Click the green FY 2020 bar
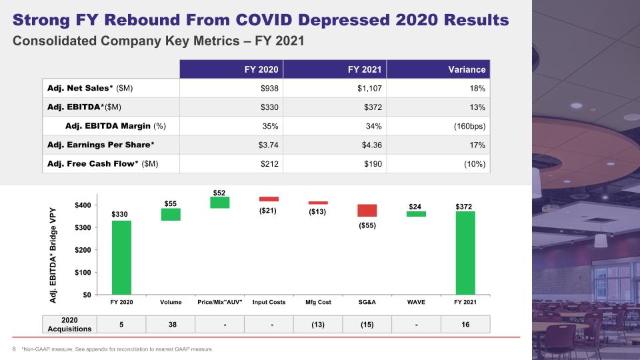pos(121,257)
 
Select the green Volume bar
pos(171,215)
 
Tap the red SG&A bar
pos(367,211)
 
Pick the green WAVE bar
pos(416,214)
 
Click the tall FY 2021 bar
pos(465,253)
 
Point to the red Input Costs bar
pos(269,199)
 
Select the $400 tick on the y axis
pos(83,205)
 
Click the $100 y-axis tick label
pos(83,272)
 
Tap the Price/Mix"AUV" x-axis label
pos(220,302)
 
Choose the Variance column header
pos(467,69)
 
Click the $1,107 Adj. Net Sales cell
pos(369,88)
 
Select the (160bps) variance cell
pos(470,126)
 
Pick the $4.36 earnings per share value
pos(372,145)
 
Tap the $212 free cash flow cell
pos(269,164)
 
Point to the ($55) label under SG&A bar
pos(367,225)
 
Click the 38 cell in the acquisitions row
pos(173,325)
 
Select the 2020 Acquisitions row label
pos(69,325)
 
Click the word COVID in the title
pos(264,20)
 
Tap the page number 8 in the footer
pos(14,349)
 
